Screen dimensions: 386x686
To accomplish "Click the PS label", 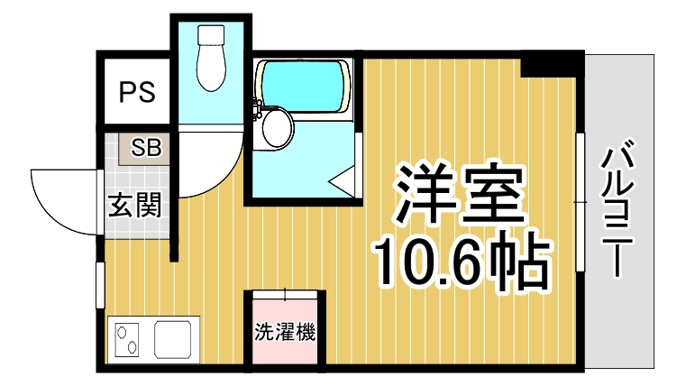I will point(136,92).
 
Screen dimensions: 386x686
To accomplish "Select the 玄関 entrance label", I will point(135,206).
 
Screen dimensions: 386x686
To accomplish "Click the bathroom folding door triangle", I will point(345,180).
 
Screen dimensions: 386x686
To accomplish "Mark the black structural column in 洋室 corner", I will point(552,64).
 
